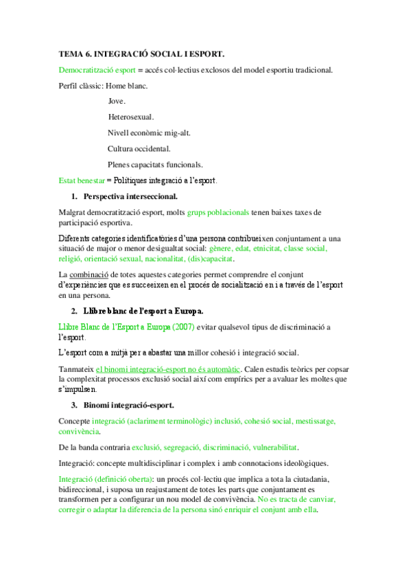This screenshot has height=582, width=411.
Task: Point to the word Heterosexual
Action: pyautogui.click(x=130, y=117)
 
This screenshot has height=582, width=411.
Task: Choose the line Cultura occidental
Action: pyautogui.click(x=139, y=149)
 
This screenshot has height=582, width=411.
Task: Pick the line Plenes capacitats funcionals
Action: pyautogui.click(x=154, y=165)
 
